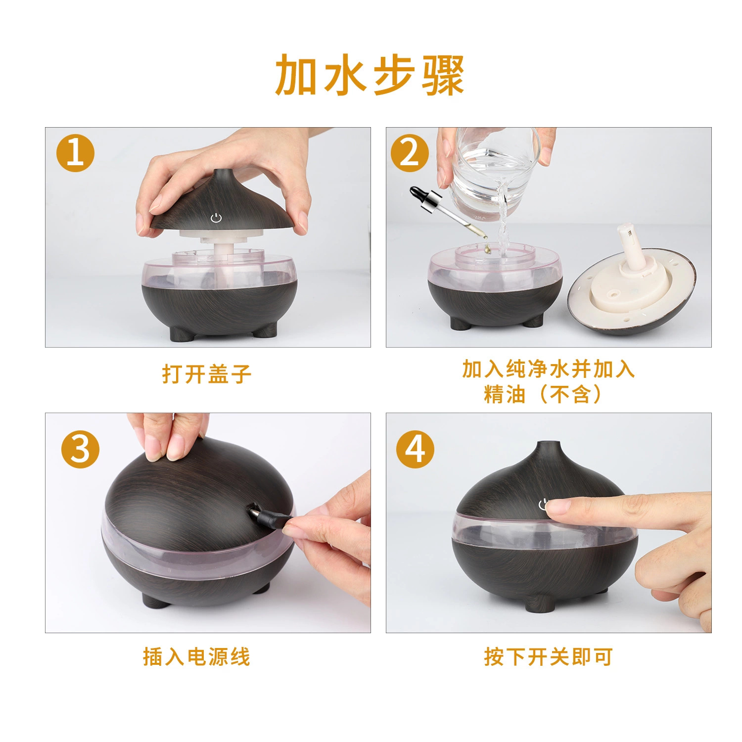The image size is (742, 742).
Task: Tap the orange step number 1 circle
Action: (75, 153)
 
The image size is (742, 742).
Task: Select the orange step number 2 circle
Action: (410, 153)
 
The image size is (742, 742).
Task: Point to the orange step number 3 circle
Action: (80, 450)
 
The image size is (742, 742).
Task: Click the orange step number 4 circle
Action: (416, 450)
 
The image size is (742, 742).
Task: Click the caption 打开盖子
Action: (207, 374)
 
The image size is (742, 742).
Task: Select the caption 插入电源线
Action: (197, 657)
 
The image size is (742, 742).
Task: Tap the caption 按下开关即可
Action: (549, 657)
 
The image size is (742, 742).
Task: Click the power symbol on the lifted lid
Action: (216, 217)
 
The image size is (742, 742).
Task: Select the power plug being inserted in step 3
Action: (268, 514)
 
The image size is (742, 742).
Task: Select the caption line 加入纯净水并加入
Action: (549, 369)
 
